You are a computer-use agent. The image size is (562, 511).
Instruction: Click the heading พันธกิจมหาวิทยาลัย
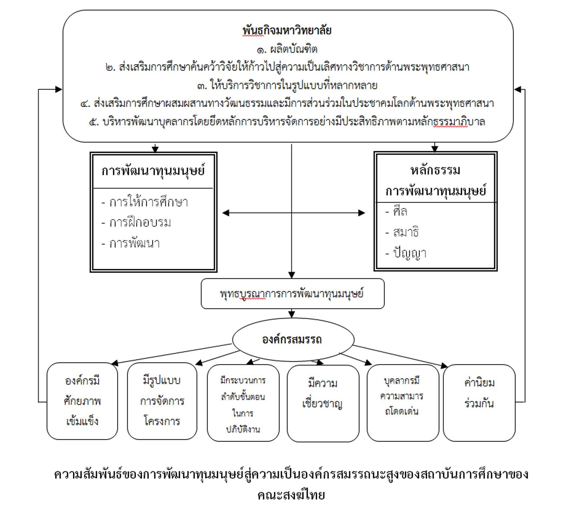[x=287, y=30]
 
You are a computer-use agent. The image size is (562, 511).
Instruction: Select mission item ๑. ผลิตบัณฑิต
[x=287, y=50]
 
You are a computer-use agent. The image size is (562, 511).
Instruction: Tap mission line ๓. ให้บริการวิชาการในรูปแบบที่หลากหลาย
[x=287, y=86]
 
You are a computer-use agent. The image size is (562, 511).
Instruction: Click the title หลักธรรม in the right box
[x=435, y=170]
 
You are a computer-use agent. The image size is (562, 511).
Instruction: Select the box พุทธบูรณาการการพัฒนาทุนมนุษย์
[x=292, y=294]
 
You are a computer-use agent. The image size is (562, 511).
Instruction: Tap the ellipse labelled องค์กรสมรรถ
[x=292, y=339]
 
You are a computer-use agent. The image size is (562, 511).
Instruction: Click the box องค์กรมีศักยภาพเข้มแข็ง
[x=82, y=401]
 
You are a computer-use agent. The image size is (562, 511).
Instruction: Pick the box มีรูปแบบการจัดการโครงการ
[x=162, y=401]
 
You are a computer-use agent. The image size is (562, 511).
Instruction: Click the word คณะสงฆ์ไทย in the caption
[x=291, y=495]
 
